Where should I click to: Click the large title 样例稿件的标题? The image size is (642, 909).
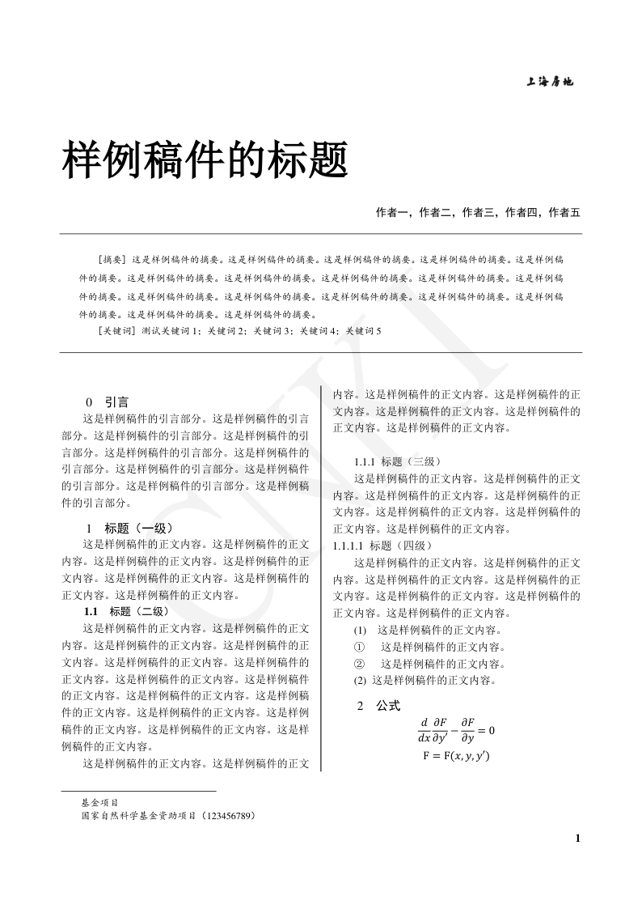pyautogui.click(x=205, y=159)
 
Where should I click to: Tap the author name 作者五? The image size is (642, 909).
pyautogui.click(x=564, y=213)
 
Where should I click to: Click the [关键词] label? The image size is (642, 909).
pyautogui.click(x=116, y=331)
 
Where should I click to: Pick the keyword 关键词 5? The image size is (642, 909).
pyautogui.click(x=363, y=331)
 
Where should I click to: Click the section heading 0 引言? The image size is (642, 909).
pyautogui.click(x=107, y=401)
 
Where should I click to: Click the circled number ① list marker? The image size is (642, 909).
pyautogui.click(x=360, y=647)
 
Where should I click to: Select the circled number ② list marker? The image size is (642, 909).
pyautogui.click(x=360, y=664)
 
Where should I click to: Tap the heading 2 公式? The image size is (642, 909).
pyautogui.click(x=378, y=706)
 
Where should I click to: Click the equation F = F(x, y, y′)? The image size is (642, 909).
pyautogui.click(x=456, y=756)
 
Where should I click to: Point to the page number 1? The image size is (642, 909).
pyautogui.click(x=577, y=838)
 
